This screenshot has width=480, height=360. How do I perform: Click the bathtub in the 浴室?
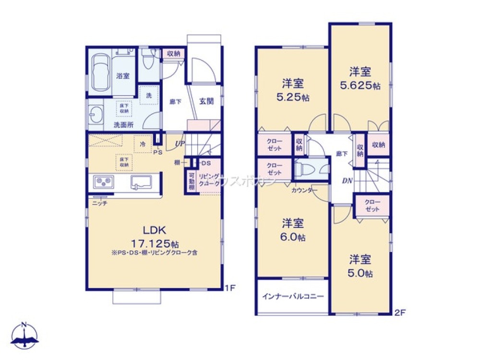(100, 74)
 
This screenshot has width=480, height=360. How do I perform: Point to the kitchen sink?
(141, 182)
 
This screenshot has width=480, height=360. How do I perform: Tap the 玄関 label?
(206, 102)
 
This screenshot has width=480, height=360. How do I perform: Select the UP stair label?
(180, 144)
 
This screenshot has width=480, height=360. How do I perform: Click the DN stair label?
(347, 181)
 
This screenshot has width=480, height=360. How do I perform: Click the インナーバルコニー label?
(293, 296)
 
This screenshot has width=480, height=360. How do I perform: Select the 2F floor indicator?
(400, 312)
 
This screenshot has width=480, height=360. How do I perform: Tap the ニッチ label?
(99, 203)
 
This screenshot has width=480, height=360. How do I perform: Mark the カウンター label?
(304, 190)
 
